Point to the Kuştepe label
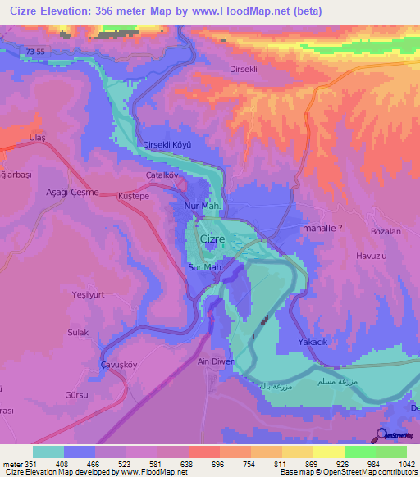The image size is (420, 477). pyautogui.click(x=133, y=198)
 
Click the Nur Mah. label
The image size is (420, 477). pyautogui.click(x=201, y=206)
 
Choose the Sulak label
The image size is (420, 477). pyautogui.click(x=78, y=332)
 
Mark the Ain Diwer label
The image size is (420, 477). pyautogui.click(x=216, y=361)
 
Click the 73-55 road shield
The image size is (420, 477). pyautogui.click(x=36, y=51)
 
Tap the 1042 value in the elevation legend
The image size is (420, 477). pyautogui.click(x=406, y=463)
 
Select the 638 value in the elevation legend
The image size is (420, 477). pyautogui.click(x=188, y=463)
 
